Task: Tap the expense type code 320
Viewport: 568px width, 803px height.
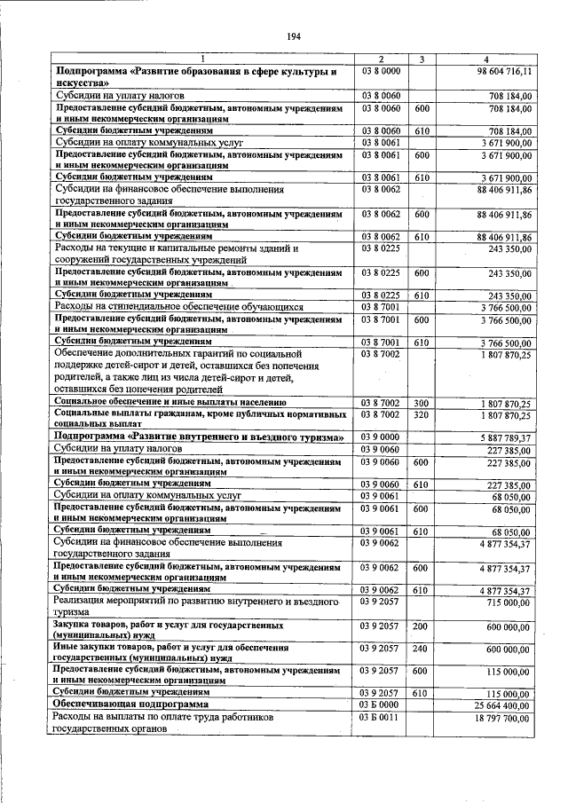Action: pos(422,414)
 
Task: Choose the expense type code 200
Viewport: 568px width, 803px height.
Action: pos(422,626)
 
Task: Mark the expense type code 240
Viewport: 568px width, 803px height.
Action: pos(422,649)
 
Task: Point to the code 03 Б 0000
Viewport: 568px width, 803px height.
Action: pos(380,705)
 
